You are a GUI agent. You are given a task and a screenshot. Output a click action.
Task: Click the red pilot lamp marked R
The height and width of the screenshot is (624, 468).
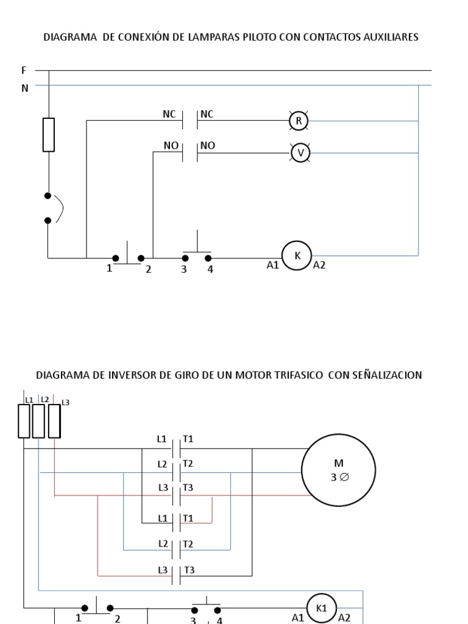tap(299, 121)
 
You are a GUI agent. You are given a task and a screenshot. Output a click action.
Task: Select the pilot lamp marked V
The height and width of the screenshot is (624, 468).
tap(300, 153)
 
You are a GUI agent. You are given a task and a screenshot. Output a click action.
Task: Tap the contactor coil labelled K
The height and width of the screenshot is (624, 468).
tap(297, 256)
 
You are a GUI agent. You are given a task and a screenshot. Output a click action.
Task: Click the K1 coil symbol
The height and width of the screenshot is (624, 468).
tap(322, 608)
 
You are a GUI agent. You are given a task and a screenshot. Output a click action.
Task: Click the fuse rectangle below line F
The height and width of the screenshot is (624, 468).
tap(49, 135)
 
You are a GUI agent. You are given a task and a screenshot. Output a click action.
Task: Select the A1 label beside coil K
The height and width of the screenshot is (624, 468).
tap(272, 266)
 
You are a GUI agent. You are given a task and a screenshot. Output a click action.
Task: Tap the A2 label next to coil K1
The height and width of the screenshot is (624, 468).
tap(344, 617)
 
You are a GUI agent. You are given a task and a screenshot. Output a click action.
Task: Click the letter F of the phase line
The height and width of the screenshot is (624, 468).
tap(24, 71)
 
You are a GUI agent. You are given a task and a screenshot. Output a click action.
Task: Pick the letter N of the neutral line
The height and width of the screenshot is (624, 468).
tap(25, 88)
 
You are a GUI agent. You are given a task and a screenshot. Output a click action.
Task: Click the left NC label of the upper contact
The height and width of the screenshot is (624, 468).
tap(169, 113)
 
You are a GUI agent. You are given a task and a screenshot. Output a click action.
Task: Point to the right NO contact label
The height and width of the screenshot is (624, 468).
tap(208, 146)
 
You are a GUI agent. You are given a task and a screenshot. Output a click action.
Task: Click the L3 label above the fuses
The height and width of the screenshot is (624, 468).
tap(66, 402)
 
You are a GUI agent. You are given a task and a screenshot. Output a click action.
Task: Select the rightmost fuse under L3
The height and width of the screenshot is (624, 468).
tap(54, 421)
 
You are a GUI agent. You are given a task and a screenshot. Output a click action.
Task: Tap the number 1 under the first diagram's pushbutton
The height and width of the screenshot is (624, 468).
tap(110, 269)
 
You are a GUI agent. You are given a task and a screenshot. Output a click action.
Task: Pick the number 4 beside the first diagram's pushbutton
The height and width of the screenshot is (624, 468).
tap(210, 269)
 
